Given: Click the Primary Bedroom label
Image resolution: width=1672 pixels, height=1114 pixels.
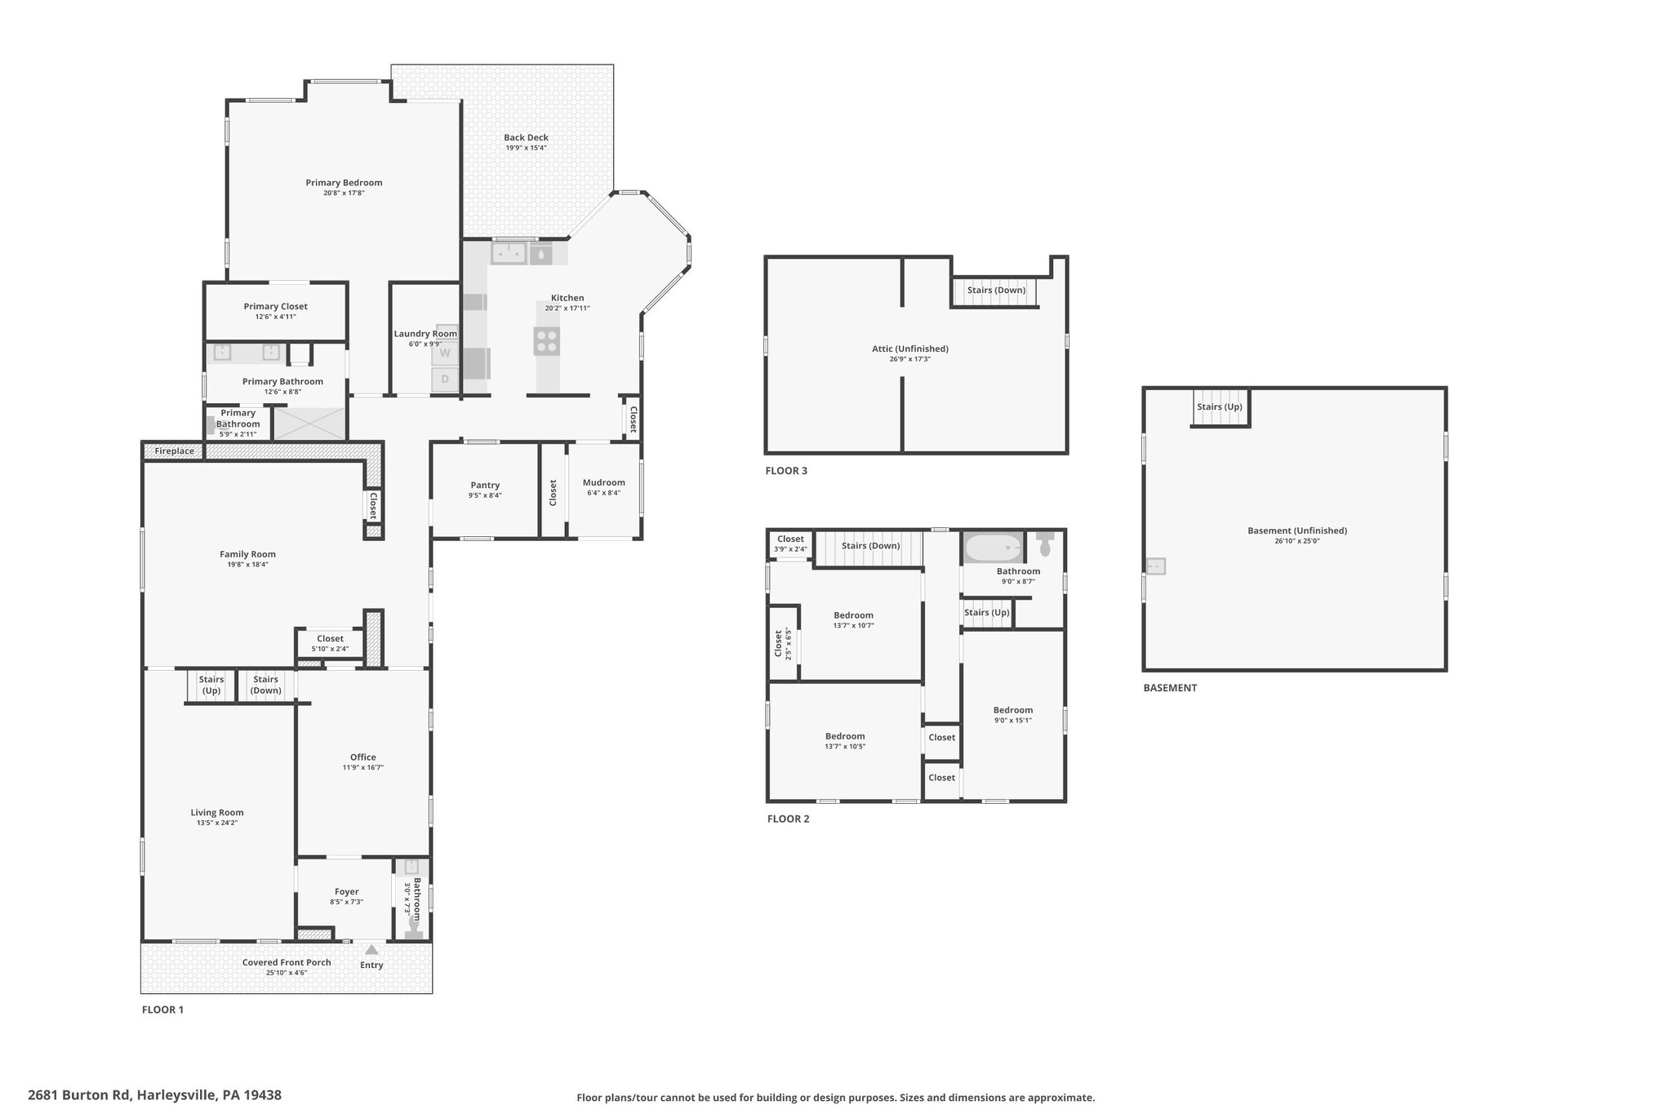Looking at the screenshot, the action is [x=344, y=183].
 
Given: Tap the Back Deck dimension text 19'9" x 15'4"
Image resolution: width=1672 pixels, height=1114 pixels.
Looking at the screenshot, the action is [x=526, y=148].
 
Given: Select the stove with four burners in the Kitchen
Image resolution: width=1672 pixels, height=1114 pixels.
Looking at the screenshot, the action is [x=547, y=341].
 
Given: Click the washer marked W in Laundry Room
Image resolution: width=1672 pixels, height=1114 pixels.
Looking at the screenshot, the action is [x=445, y=353].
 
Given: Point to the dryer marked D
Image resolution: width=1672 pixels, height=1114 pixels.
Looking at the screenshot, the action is [x=445, y=379].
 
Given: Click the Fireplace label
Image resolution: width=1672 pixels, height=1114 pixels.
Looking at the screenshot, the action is [x=175, y=451].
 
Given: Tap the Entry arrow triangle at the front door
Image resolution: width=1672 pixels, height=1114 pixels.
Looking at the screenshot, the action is [x=371, y=950].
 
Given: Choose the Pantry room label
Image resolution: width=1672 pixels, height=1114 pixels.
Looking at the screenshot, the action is [x=485, y=486].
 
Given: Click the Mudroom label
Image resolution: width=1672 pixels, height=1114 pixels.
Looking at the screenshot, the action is [x=603, y=482].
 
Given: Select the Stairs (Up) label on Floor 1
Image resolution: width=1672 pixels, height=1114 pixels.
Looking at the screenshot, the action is [x=211, y=685].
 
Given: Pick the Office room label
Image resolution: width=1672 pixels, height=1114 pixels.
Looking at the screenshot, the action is [x=363, y=757].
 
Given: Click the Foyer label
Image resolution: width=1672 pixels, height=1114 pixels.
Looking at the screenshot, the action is [x=347, y=892].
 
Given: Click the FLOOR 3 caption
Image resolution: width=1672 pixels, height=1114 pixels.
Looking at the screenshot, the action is [x=786, y=471].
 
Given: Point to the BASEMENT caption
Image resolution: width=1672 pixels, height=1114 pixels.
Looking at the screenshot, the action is [x=1170, y=688].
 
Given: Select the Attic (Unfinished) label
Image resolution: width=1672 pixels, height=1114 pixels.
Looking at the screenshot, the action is [x=910, y=349].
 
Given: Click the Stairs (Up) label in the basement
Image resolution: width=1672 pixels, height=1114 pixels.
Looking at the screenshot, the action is [x=1220, y=406].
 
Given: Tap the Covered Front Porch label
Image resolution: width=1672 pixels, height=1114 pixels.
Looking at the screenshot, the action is [x=287, y=962].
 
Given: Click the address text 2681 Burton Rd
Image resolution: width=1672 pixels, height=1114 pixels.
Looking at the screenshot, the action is [x=79, y=1095].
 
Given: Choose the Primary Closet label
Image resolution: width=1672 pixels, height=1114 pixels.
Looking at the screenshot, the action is [x=276, y=307].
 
